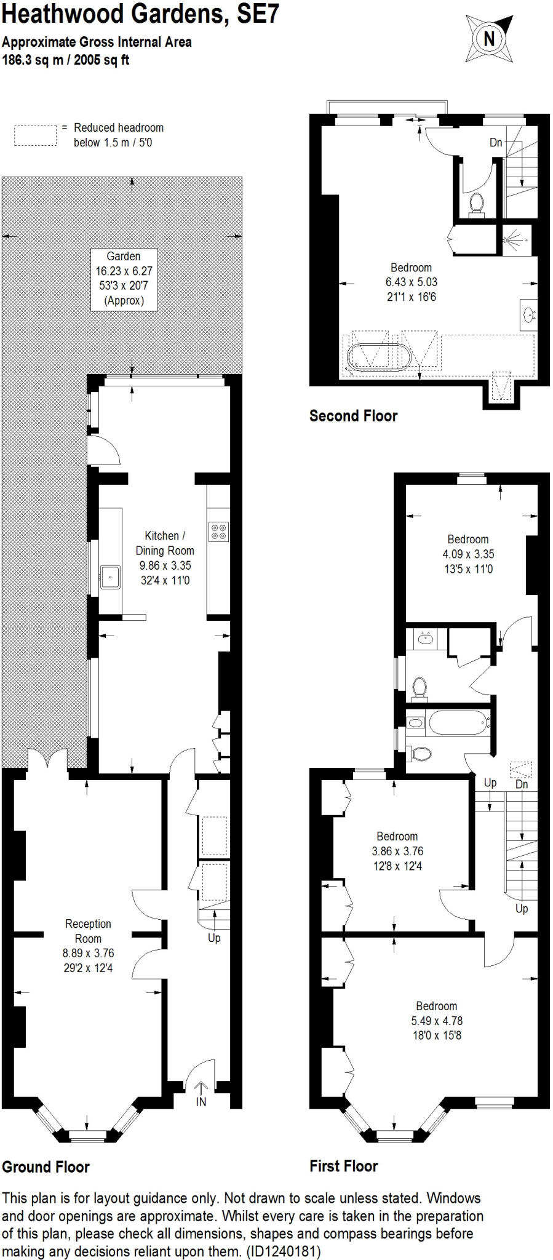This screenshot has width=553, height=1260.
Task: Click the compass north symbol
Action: [x=489, y=39]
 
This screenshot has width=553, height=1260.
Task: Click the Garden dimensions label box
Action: [x=124, y=278]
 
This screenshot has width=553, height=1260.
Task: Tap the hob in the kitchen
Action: [x=219, y=531]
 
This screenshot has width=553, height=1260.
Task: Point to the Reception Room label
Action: [x=88, y=931]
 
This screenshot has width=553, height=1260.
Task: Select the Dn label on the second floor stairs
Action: [x=496, y=142]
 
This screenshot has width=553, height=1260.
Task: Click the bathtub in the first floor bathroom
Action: [x=458, y=722]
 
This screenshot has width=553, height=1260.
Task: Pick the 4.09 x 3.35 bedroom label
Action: [x=467, y=554]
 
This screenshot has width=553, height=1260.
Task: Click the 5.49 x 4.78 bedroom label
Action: [x=436, y=1020]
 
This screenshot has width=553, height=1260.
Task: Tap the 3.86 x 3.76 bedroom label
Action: [x=397, y=851]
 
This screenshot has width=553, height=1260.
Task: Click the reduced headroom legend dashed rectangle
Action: [x=35, y=135]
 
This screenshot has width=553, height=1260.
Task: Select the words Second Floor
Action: [x=353, y=416]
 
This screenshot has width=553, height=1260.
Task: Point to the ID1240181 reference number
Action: [x=285, y=1251]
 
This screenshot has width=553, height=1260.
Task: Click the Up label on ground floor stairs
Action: [x=214, y=938]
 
